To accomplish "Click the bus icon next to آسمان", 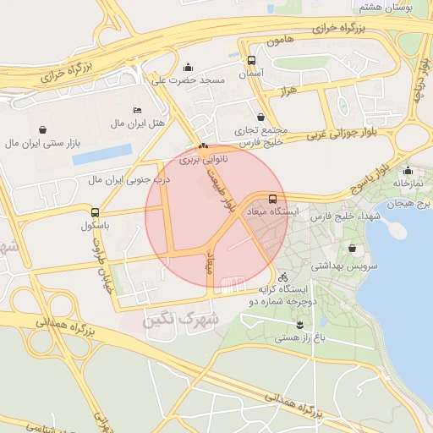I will [x=251, y=61].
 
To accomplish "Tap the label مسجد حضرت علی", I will [x=188, y=80].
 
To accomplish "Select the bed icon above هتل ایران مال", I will [x=138, y=111].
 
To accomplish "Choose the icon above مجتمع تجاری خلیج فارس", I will [x=260, y=118].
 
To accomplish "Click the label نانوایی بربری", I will [x=201, y=159].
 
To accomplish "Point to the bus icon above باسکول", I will [x=95, y=213].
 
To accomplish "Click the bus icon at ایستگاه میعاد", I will [x=271, y=197].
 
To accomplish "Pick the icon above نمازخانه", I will [x=408, y=170].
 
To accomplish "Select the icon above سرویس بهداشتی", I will [x=353, y=249].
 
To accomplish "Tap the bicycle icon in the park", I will [x=282, y=277].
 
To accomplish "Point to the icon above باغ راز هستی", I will [x=299, y=326].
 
